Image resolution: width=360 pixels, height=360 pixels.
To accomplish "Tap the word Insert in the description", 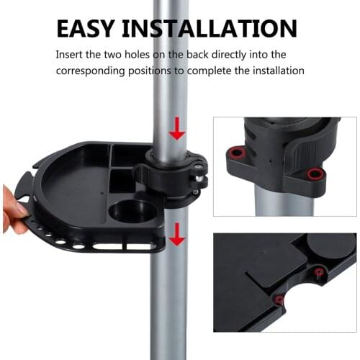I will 69,55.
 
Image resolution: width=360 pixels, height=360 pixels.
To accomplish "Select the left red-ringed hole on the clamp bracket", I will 235,153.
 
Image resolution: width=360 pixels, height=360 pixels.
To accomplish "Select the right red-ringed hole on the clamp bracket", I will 315,174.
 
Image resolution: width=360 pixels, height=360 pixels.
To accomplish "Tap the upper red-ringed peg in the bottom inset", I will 318,271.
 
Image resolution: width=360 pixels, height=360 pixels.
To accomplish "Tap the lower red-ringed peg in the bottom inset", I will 278,300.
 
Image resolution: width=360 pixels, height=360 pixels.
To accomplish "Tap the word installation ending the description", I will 277,71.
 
